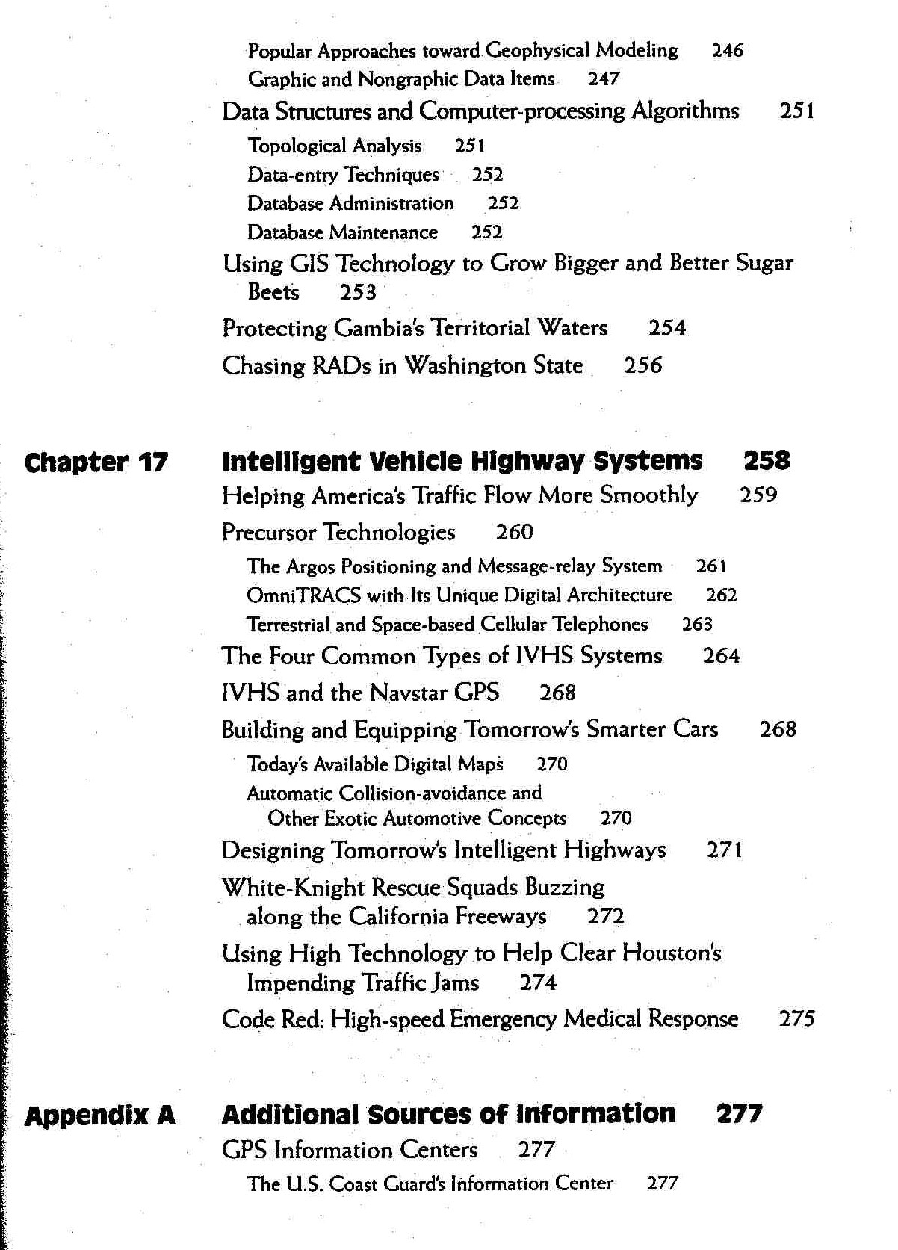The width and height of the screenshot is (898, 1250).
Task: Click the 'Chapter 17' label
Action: pyautogui.click(x=96, y=462)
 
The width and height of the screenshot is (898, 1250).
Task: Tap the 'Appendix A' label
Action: pyautogui.click(x=100, y=1116)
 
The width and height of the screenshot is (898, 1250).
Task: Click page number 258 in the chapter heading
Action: pyautogui.click(x=767, y=461)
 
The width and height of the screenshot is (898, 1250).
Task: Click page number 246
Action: pyautogui.click(x=727, y=51)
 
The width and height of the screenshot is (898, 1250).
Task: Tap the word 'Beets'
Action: pyautogui.click(x=273, y=292)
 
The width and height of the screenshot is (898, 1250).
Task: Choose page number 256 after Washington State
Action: pyautogui.click(x=642, y=365)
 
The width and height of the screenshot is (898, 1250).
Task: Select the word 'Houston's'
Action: pyautogui.click(x=672, y=953)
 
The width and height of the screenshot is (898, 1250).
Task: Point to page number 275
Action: pyautogui.click(x=796, y=1018)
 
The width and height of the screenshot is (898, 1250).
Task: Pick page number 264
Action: pyautogui.click(x=721, y=656)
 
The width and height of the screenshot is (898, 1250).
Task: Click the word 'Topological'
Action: pyautogui.click(x=297, y=146)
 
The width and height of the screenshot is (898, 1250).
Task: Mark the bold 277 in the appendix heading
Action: pyautogui.click(x=739, y=1114)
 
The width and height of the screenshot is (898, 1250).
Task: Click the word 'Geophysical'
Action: pyautogui.click(x=537, y=51)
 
